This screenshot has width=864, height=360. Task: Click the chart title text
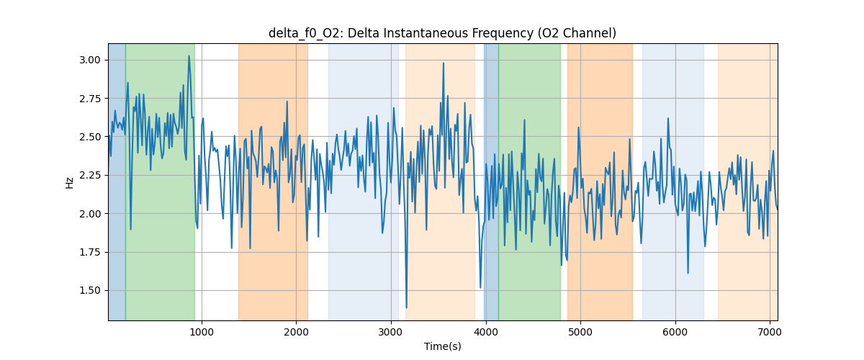[442, 33]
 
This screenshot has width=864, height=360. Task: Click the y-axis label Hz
[70, 182]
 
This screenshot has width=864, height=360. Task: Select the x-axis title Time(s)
[442, 346]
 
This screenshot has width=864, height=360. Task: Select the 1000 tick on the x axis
[202, 332]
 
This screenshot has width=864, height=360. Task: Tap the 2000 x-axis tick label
[297, 332]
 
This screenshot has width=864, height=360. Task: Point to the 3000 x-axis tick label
[391, 332]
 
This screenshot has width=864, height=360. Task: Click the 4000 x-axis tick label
[486, 332]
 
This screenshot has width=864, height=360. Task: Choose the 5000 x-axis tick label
[580, 332]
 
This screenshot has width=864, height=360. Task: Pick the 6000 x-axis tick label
[675, 332]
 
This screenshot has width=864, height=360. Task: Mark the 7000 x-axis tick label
[770, 332]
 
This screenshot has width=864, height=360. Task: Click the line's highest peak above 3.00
[189, 56]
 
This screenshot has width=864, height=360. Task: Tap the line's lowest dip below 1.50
[407, 307]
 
